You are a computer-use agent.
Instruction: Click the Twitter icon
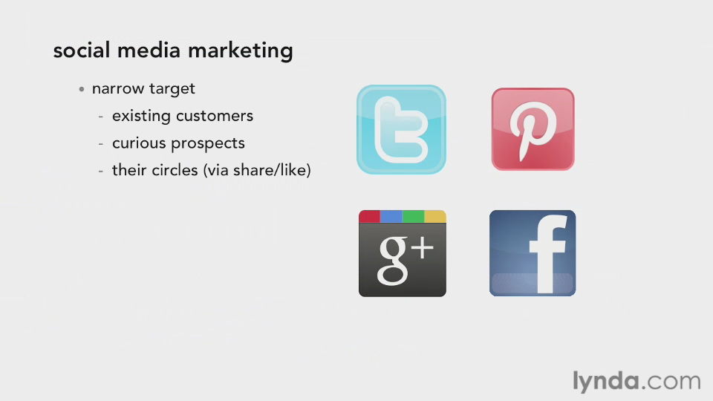click(x=401, y=129)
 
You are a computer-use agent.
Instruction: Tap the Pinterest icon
click(x=533, y=129)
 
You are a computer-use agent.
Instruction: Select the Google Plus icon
click(x=403, y=253)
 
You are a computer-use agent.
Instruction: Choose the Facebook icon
click(x=533, y=253)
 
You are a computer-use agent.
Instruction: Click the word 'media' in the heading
click(x=149, y=50)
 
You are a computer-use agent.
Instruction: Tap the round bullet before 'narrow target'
click(x=82, y=89)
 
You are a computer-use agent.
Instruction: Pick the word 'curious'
click(x=139, y=143)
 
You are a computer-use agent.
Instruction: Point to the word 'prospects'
click(x=208, y=144)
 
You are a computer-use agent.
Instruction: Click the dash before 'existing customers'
click(x=100, y=117)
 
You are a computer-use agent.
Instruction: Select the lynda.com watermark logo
click(x=637, y=381)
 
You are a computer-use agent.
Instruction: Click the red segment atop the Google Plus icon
click(x=369, y=216)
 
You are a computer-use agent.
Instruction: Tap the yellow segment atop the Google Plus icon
click(x=435, y=216)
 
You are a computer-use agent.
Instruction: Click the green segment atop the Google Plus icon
click(x=414, y=216)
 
